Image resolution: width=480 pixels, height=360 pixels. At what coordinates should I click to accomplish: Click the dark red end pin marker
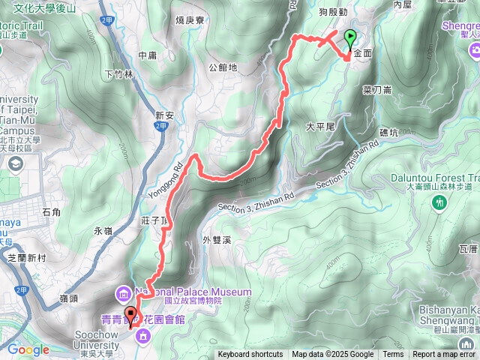[x=130, y=316]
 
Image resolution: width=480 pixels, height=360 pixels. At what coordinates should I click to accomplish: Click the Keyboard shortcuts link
[x=250, y=355]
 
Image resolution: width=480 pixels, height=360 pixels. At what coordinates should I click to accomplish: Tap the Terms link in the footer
[x=393, y=355]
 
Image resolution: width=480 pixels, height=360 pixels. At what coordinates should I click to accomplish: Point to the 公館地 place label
[x=223, y=67]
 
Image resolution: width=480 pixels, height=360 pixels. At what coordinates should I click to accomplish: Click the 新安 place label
[x=165, y=115]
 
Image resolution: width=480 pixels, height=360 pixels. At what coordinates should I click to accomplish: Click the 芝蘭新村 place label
[x=27, y=257]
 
